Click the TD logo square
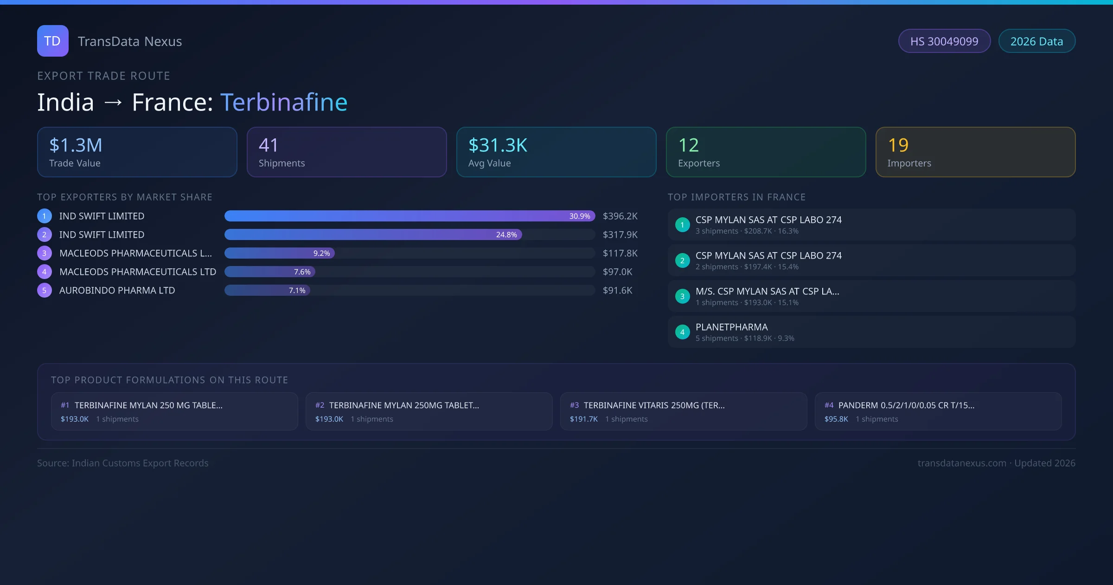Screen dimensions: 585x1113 pos(52,41)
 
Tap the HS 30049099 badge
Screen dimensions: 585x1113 pos(944,41)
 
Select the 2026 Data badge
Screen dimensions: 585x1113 pos(1036,41)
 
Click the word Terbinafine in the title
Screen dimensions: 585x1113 pos(284,102)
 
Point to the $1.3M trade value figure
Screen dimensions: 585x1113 pos(76,145)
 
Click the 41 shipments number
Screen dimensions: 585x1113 pos(269,145)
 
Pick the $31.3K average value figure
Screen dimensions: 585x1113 pos(498,145)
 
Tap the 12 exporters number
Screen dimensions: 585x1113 pos(688,145)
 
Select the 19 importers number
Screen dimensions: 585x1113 pos(898,145)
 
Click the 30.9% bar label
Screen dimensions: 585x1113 pos(580,216)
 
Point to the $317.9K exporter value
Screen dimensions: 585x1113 pos(620,234)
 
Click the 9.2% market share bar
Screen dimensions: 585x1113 pos(280,253)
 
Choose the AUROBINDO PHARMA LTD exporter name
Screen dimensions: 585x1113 pos(117,290)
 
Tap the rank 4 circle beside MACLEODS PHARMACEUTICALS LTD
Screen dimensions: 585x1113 pos(45,272)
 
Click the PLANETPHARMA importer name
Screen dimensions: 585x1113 pos(731,327)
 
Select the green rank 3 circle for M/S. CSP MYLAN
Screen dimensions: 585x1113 pos(682,296)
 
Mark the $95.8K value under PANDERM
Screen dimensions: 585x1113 pos(836,419)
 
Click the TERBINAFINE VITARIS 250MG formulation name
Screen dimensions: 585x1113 pos(654,405)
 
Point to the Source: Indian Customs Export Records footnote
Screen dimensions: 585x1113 pos(123,463)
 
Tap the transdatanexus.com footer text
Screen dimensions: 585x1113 pos(962,463)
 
